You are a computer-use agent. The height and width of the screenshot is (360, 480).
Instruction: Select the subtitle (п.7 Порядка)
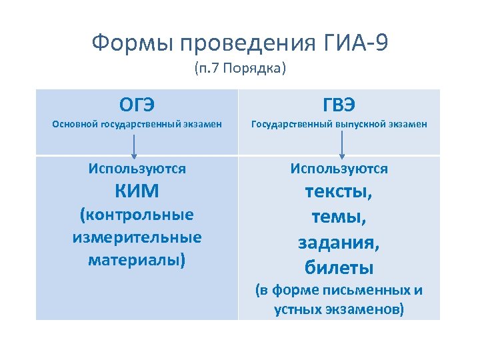(240, 69)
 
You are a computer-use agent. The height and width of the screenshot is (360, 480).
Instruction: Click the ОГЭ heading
(137, 105)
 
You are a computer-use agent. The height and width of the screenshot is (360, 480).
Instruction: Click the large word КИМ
(137, 191)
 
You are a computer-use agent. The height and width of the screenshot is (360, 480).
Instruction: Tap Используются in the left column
(137, 169)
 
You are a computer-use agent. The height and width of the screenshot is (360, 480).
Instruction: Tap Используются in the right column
(339, 169)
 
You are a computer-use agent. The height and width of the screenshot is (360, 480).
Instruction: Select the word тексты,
(339, 192)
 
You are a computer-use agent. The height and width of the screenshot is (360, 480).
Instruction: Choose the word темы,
(339, 217)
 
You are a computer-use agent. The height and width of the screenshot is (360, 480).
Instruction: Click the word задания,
(339, 243)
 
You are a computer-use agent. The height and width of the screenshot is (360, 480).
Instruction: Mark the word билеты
(339, 267)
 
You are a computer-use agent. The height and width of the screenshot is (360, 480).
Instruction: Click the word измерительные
(137, 237)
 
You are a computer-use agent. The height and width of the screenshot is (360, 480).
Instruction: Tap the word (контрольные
(137, 215)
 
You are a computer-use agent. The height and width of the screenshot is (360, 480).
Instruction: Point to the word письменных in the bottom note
(374, 291)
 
